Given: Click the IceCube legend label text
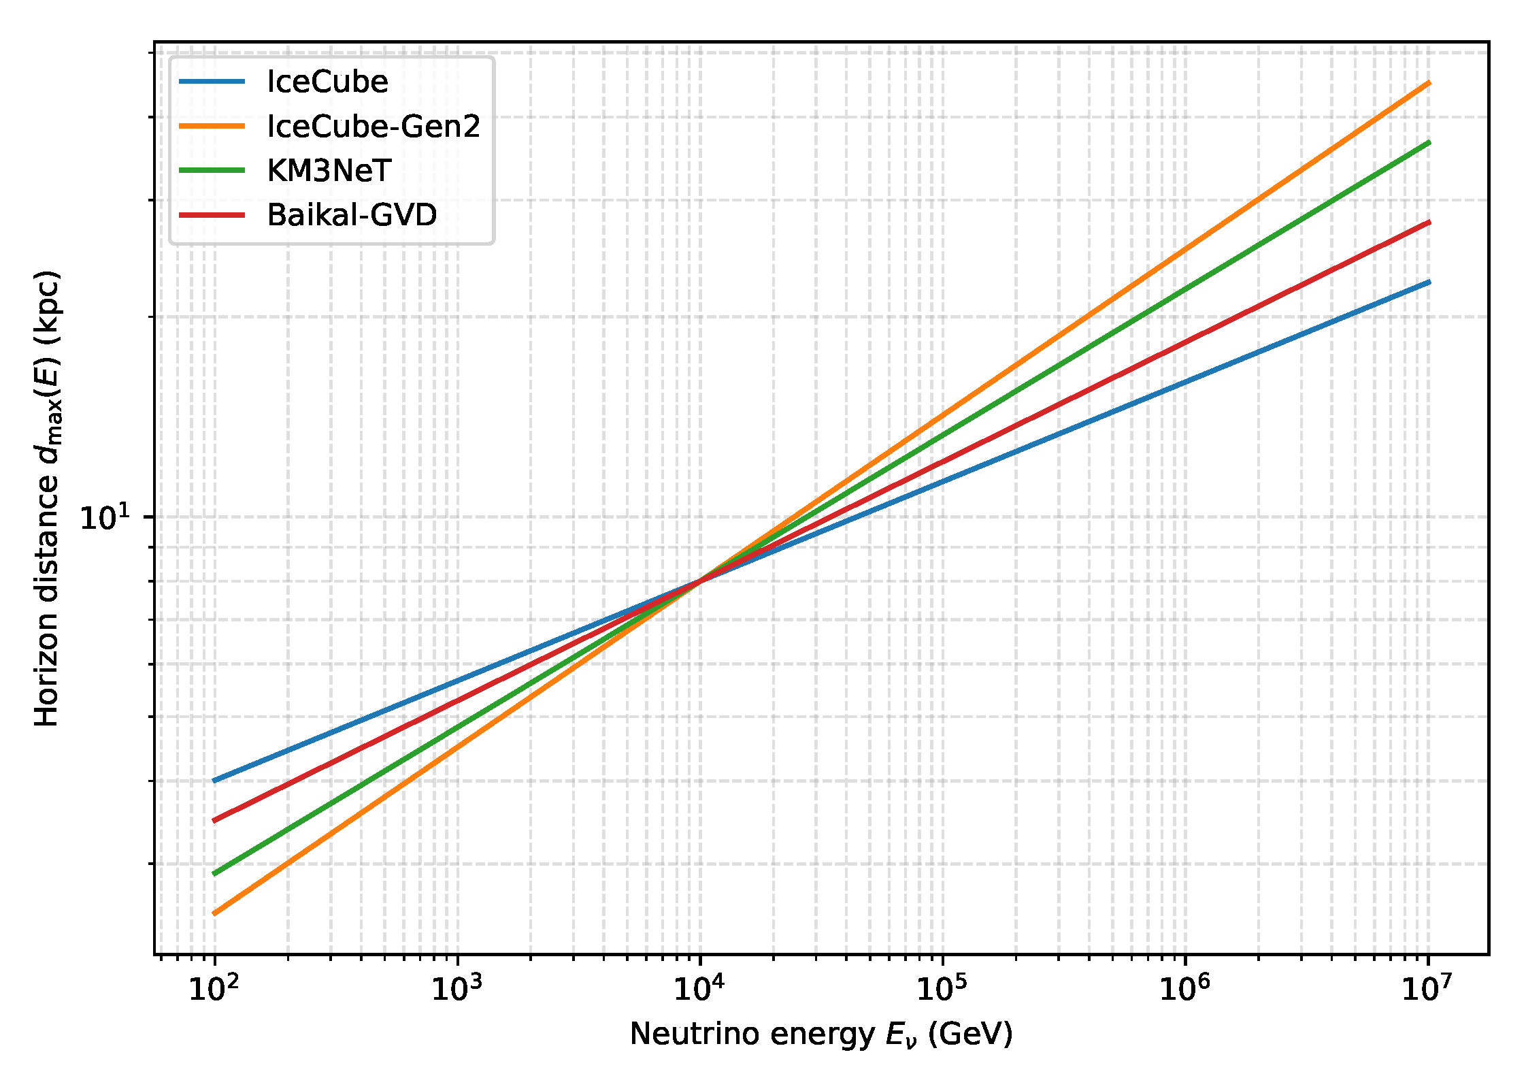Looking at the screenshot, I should pyautogui.click(x=327, y=82).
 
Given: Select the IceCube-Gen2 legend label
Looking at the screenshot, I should pyautogui.click(x=374, y=127).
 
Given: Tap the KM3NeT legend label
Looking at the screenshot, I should pyautogui.click(x=329, y=171).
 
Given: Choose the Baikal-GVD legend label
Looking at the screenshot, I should pyautogui.click(x=352, y=215).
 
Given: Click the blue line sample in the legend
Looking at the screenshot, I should pyautogui.click(x=212, y=82).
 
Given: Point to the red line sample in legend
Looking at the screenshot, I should pyautogui.click(x=212, y=215).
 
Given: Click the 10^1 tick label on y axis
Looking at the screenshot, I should pyautogui.click(x=104, y=518).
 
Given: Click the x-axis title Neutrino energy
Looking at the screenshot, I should pyautogui.click(x=821, y=1034).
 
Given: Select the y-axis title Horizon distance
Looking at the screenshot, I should pyautogui.click(x=48, y=499).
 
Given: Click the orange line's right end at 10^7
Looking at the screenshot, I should pyautogui.click(x=1428, y=83).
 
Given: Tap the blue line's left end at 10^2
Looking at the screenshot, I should pyautogui.click(x=216, y=781).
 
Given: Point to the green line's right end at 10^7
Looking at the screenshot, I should pyautogui.click(x=1428, y=142).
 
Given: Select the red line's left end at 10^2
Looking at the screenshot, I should pyautogui.click(x=216, y=821).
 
